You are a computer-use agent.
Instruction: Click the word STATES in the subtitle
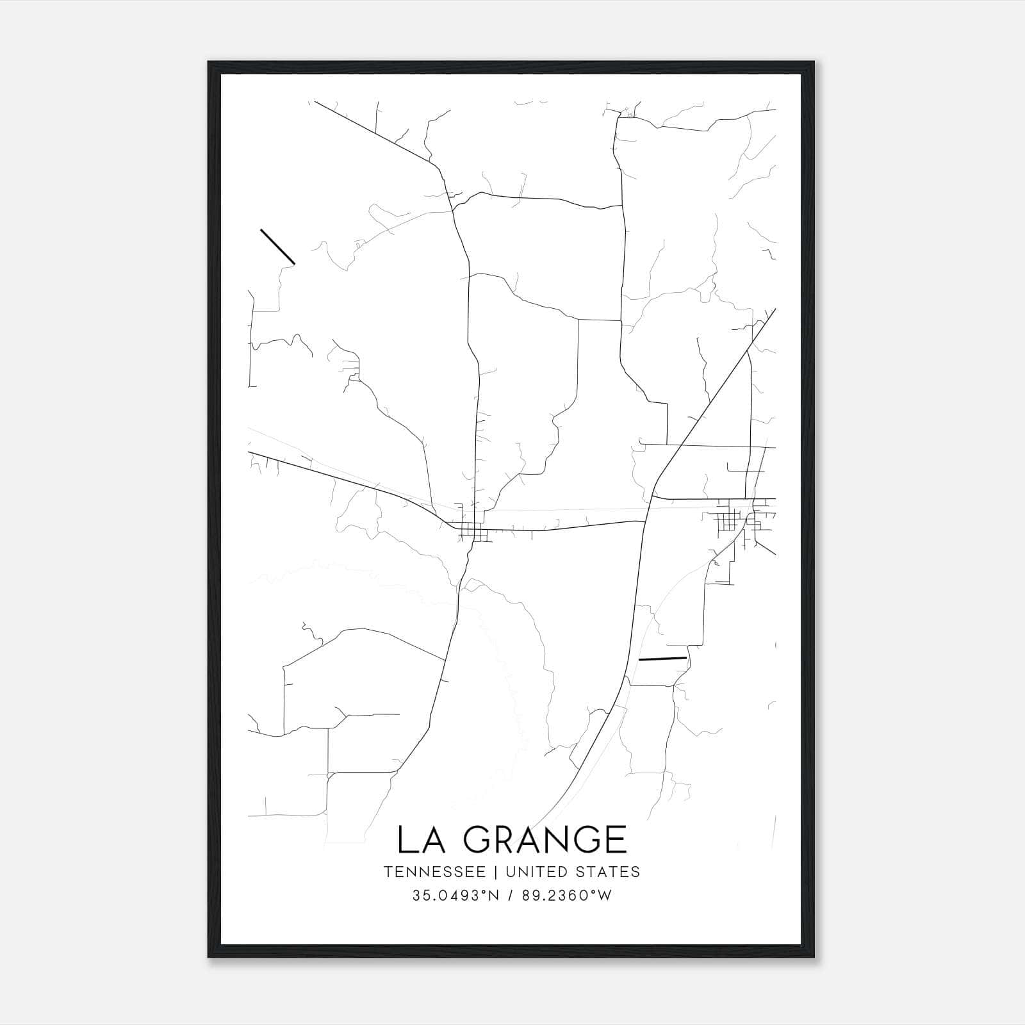[x=608, y=872]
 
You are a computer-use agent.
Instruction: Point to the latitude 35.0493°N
[x=455, y=896]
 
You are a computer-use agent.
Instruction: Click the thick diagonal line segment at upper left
[x=277, y=247]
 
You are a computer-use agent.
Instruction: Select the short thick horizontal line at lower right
[x=662, y=658]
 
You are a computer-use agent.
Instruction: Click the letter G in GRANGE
[x=481, y=839]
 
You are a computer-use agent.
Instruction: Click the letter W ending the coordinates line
[x=605, y=896]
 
